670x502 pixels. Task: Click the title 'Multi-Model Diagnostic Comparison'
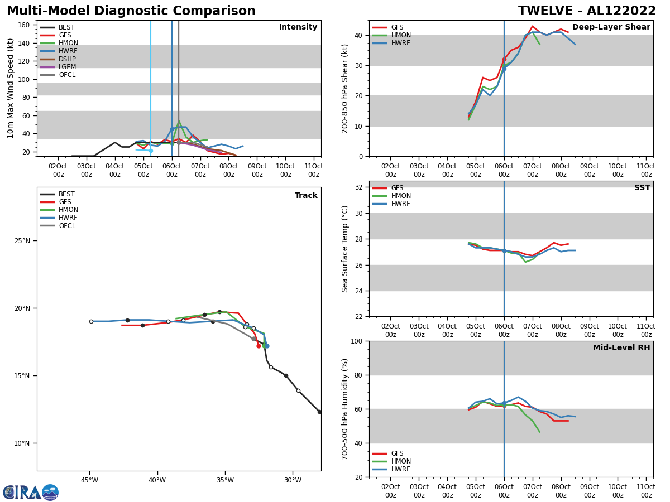tap(131, 11)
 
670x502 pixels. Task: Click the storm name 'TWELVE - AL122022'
tap(587, 11)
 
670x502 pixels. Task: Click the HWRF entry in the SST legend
tap(400, 204)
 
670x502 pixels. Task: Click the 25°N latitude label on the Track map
tap(22, 241)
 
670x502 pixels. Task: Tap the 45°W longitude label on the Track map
tap(89, 480)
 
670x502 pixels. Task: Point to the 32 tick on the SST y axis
tap(360, 187)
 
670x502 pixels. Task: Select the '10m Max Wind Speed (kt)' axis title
tap(11, 88)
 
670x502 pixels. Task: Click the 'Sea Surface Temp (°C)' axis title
tap(345, 249)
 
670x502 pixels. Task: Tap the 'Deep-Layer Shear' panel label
tap(611, 27)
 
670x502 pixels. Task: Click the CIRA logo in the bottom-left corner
tap(30, 493)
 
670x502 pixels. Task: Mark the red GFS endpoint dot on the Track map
tap(259, 346)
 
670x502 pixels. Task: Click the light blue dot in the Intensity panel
tap(151, 151)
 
